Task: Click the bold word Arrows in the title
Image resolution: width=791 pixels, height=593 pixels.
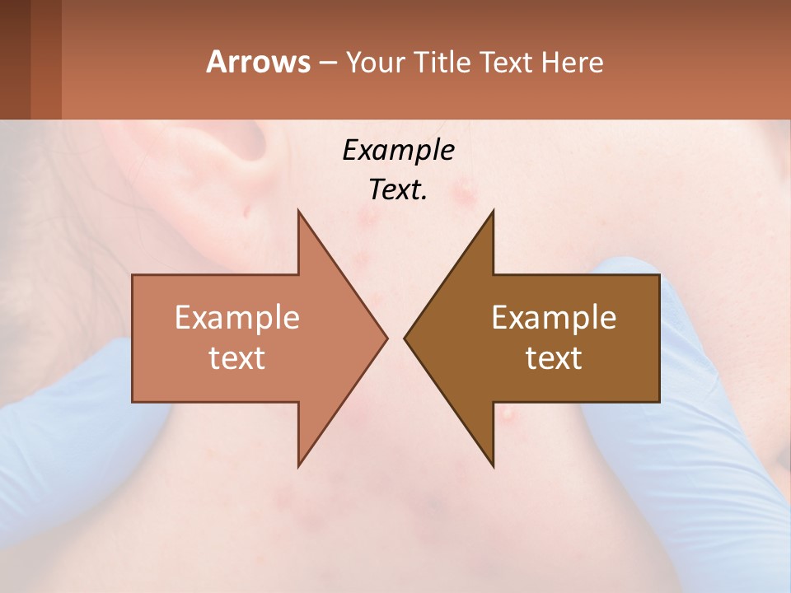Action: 258,62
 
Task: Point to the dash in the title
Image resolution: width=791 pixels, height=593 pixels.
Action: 327,63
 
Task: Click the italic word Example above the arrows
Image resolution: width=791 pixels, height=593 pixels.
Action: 398,151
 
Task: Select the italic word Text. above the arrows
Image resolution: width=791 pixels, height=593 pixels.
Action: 398,190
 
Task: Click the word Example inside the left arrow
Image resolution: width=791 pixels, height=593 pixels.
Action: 236,318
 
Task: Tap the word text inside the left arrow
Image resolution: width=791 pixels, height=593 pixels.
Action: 236,358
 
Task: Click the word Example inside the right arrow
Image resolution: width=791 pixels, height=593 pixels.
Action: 554,318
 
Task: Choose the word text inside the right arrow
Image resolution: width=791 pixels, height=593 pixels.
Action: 554,358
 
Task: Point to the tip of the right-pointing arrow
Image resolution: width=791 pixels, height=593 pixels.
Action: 386,338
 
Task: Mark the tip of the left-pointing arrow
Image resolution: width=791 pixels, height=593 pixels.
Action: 405,338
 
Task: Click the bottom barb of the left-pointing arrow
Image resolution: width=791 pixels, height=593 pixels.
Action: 492,463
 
